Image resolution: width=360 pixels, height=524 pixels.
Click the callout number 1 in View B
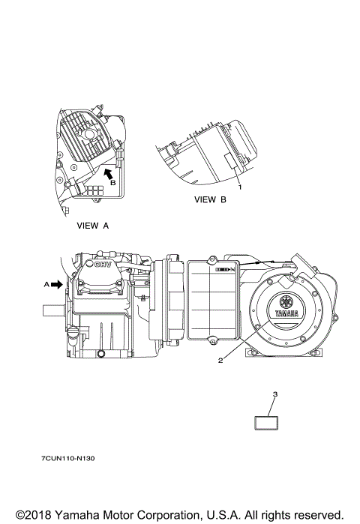coord(240,187)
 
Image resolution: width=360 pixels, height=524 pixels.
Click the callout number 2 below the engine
coord(220,361)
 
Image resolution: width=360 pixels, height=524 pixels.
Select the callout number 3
coord(275,394)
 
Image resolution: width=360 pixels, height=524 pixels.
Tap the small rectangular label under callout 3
coord(266,423)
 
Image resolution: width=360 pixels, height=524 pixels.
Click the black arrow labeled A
coord(58,284)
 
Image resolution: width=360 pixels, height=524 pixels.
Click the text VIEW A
coord(92,226)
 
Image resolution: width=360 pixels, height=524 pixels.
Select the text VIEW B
coord(210,200)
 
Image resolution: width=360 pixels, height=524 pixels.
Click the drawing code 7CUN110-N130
coord(67,459)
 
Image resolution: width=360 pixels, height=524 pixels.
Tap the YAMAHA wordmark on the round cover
coord(286,314)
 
